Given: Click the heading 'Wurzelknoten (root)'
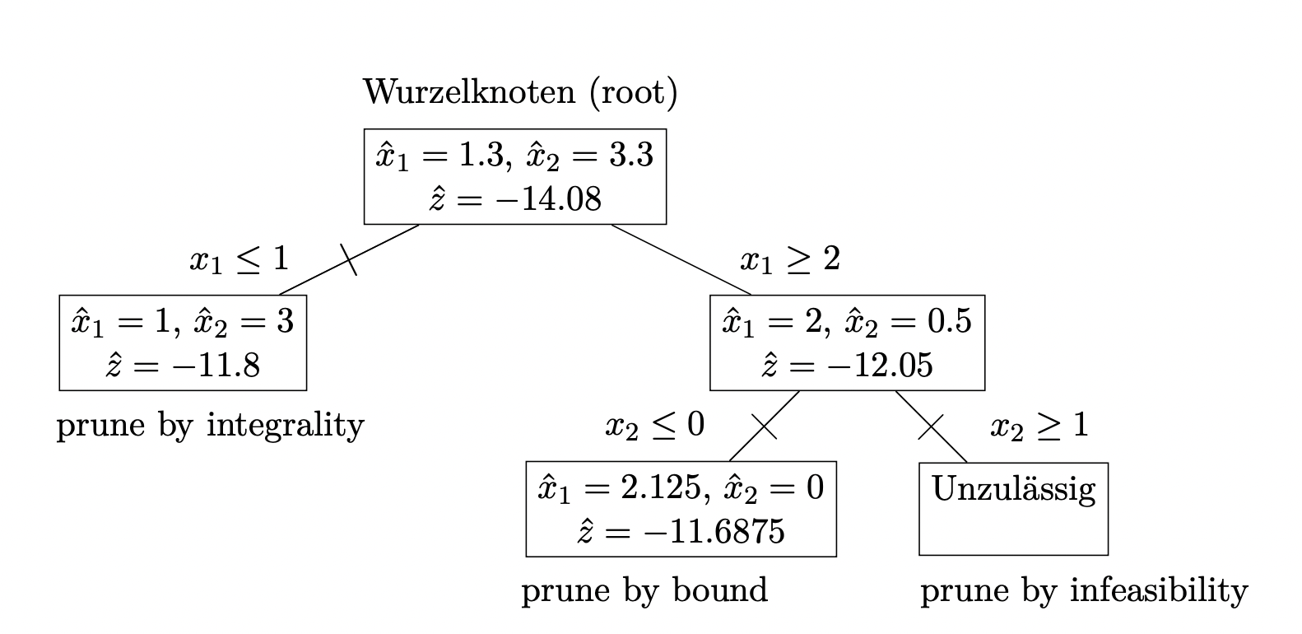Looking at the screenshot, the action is tap(520, 92).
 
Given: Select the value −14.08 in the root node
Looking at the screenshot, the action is tap(547, 199).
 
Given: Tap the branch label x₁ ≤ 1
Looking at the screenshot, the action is tap(239, 259).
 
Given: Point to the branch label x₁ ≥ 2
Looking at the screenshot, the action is tap(790, 259).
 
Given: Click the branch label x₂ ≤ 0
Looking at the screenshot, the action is tap(655, 425).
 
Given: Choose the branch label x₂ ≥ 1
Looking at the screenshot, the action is tap(1039, 425).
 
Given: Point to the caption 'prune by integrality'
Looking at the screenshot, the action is tap(211, 425).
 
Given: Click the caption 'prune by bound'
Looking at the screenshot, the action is tap(644, 591).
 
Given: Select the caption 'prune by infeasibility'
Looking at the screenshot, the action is tap(1085, 591).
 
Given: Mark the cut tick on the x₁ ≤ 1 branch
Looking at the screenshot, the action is tap(348, 259).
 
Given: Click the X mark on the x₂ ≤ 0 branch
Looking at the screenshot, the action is tap(765, 426).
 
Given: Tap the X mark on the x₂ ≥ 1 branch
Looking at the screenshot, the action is tap(931, 427).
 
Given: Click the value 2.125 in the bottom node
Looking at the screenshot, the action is tap(663, 487).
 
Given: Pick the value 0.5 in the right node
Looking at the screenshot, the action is tap(949, 321).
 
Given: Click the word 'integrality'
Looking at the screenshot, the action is tap(286, 425).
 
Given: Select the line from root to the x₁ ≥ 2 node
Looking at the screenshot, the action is tap(681, 259).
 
